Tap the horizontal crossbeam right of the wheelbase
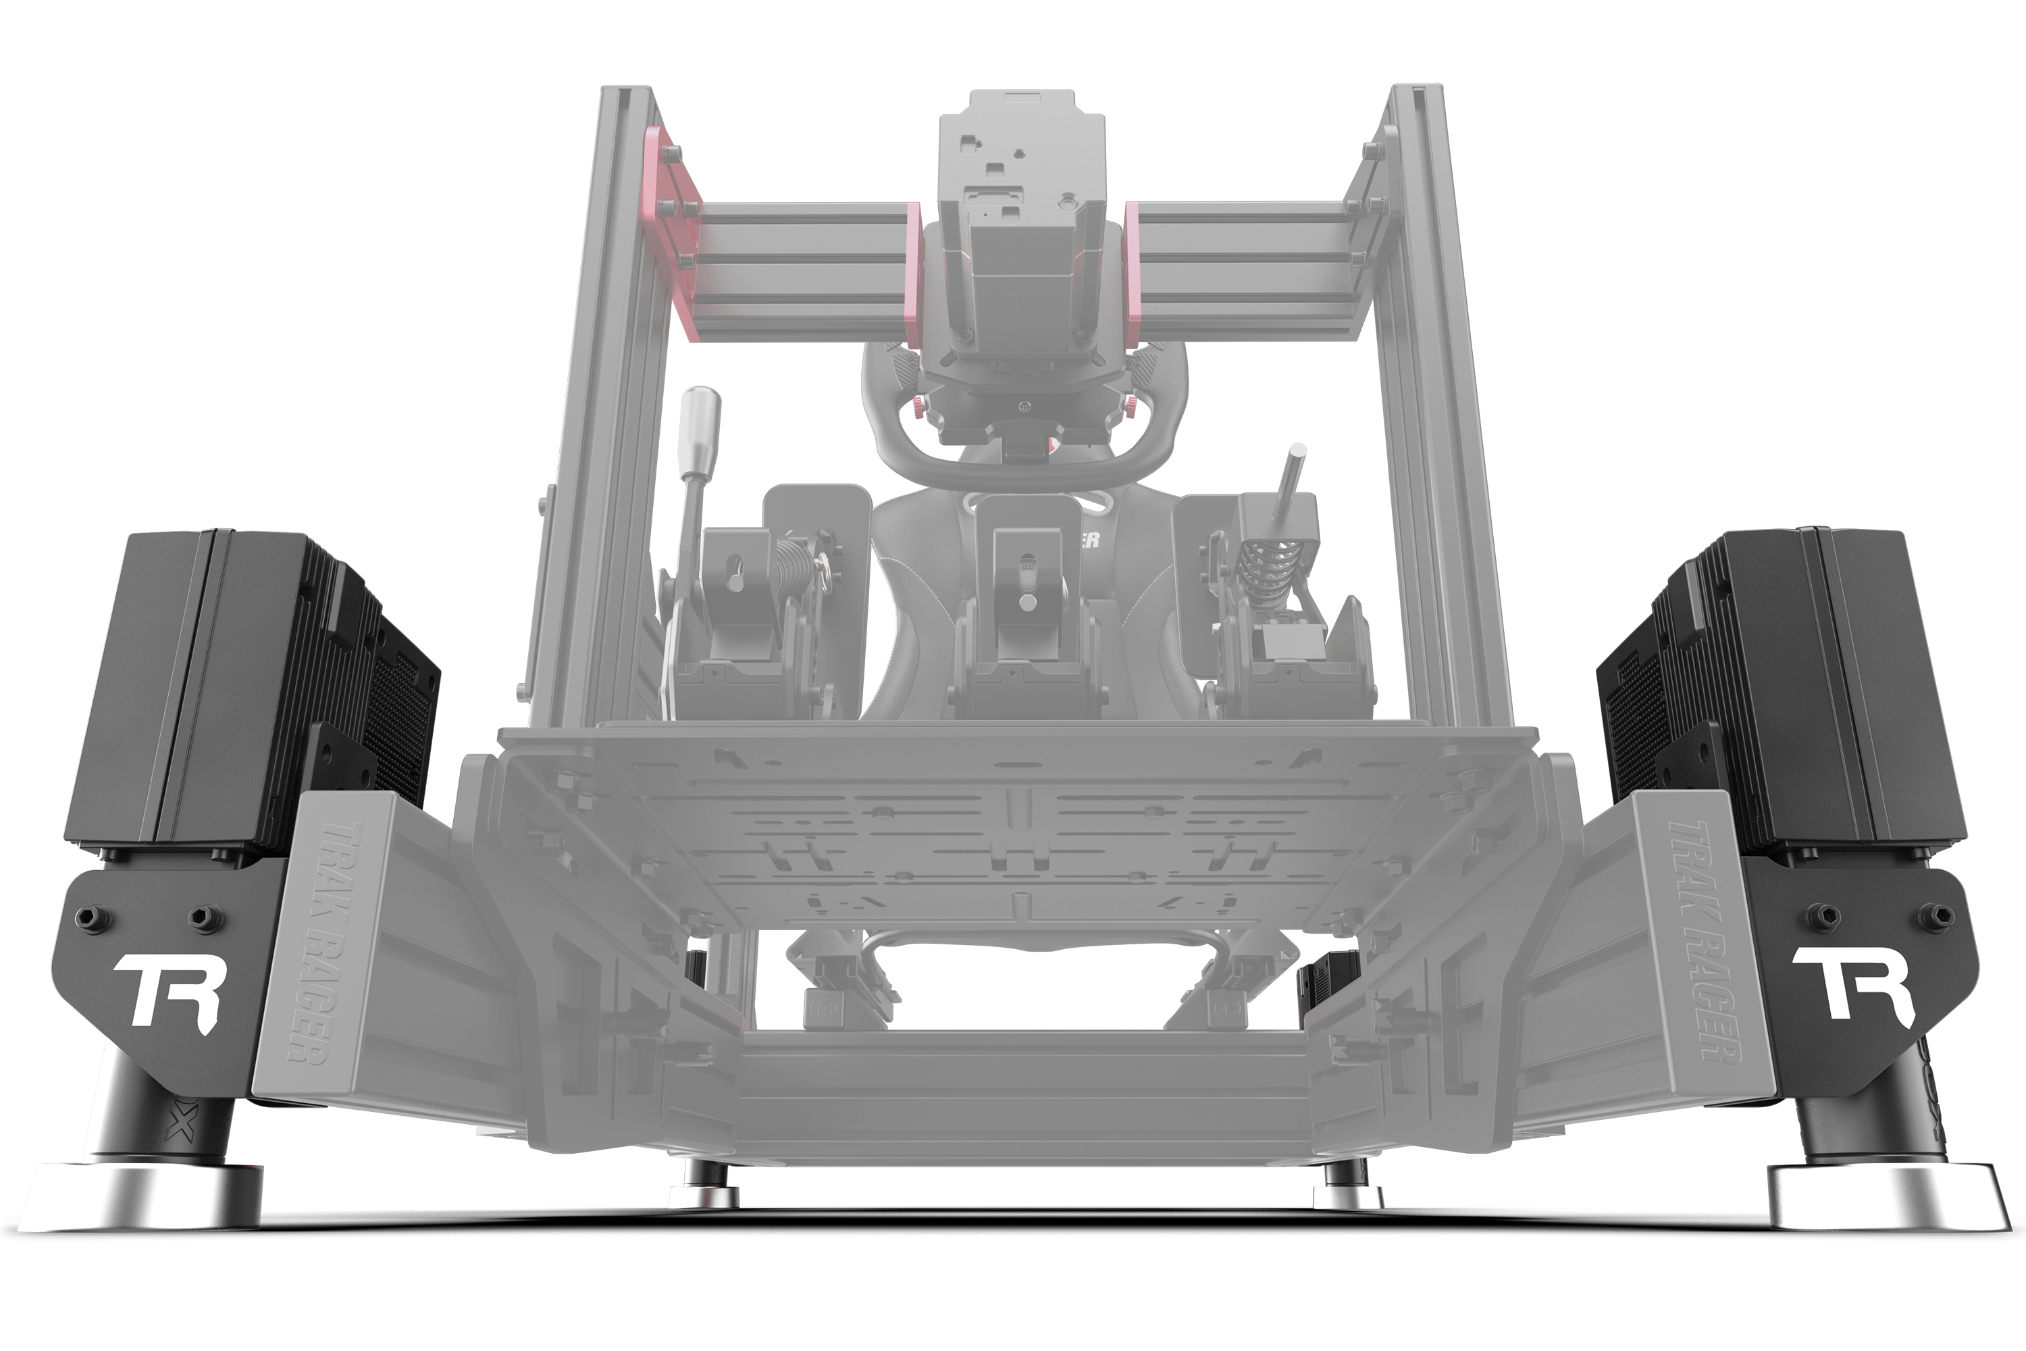[x=1241, y=259]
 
